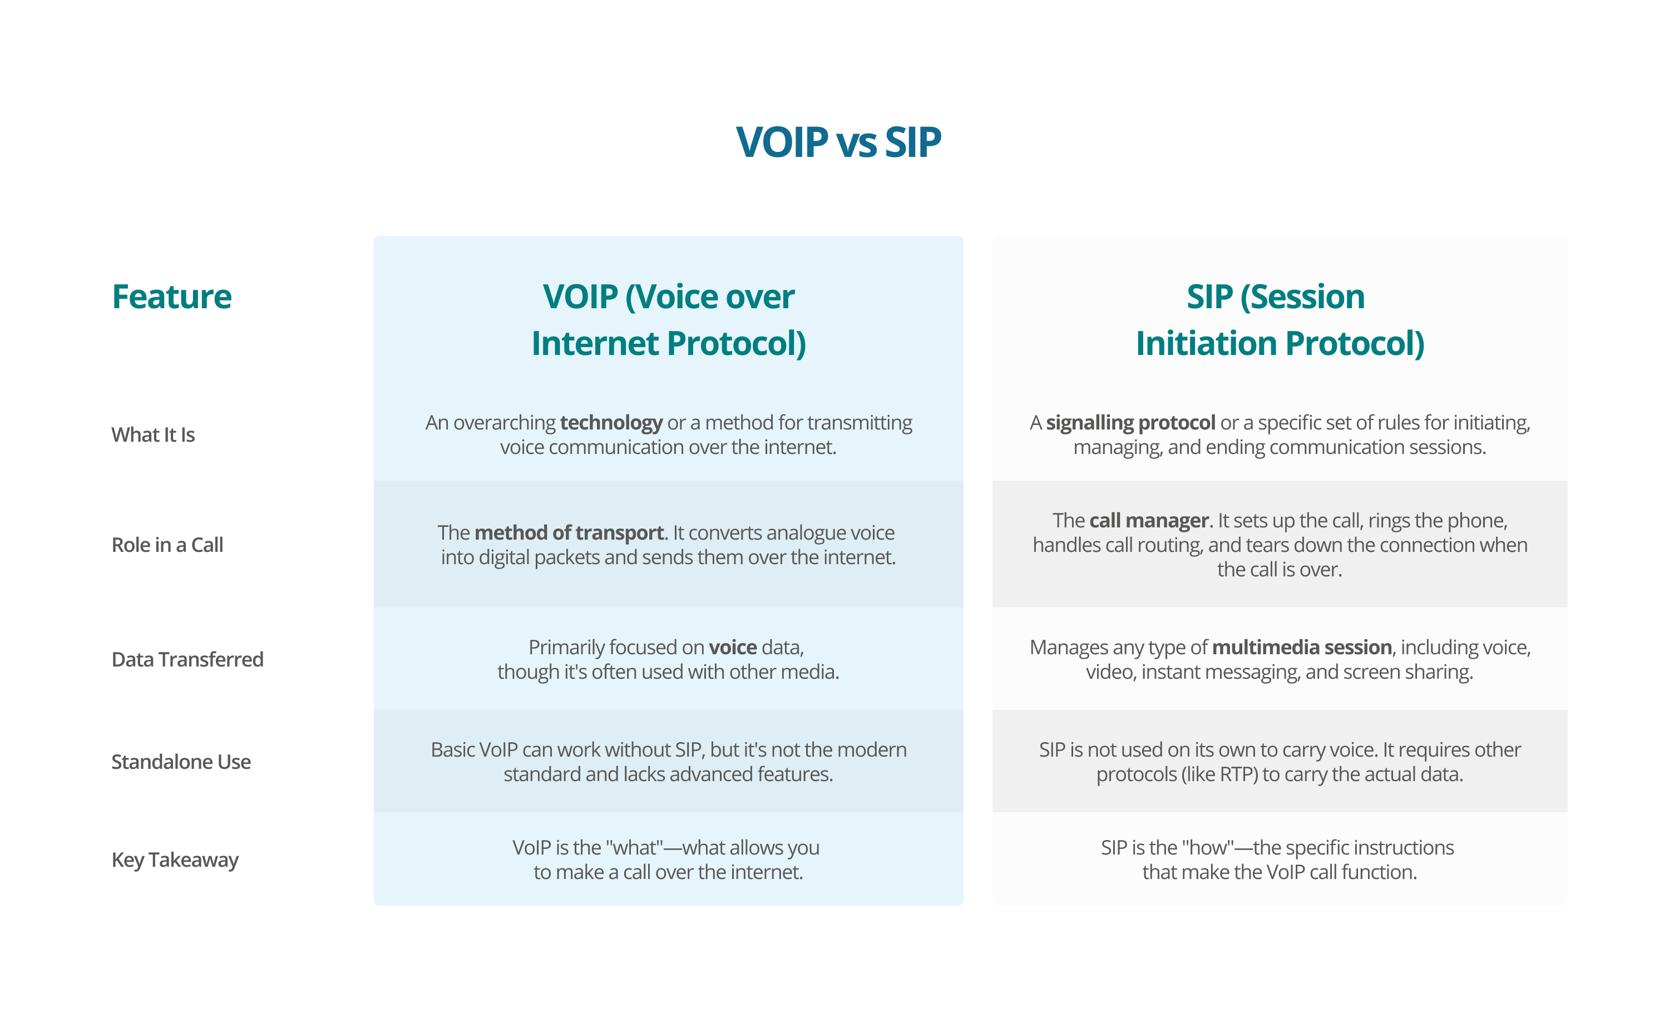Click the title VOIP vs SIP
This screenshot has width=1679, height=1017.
pyautogui.click(x=838, y=142)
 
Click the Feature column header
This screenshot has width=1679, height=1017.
pyautogui.click(x=172, y=297)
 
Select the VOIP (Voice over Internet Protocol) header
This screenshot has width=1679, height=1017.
pyautogui.click(x=669, y=320)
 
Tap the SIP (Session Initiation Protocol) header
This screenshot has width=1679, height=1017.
pyautogui.click(x=1279, y=320)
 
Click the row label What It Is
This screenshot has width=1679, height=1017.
pyautogui.click(x=154, y=435)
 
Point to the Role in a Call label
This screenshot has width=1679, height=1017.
pyautogui.click(x=167, y=545)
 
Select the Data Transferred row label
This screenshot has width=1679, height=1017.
pyautogui.click(x=187, y=659)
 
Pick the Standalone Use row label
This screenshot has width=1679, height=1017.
pyautogui.click(x=181, y=762)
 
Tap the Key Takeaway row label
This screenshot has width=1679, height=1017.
pyautogui.click(x=175, y=860)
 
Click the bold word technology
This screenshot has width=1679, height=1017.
pyautogui.click(x=611, y=423)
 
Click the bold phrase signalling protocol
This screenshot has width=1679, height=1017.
pyautogui.click(x=1130, y=423)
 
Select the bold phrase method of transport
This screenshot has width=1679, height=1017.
pyautogui.click(x=569, y=532)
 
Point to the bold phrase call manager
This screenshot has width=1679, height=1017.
pyautogui.click(x=1149, y=520)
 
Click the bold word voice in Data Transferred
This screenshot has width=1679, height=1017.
pyautogui.click(x=733, y=647)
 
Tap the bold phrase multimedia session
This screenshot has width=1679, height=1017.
pyautogui.click(x=1301, y=647)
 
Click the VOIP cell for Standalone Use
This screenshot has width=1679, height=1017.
pyautogui.click(x=669, y=762)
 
